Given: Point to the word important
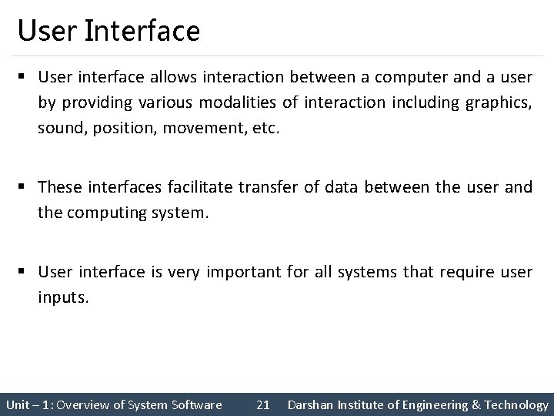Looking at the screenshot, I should pyautogui.click(x=242, y=271).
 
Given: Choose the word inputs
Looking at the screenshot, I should pyautogui.click(x=64, y=297).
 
